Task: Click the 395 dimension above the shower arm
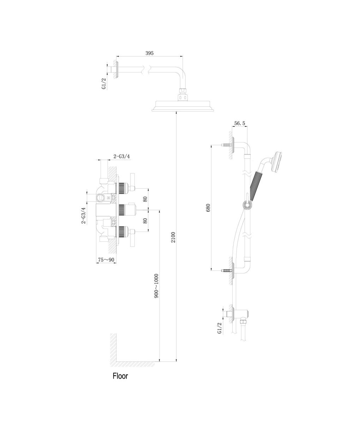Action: tap(149, 53)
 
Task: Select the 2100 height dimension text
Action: tap(173, 237)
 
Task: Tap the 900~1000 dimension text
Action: tap(156, 286)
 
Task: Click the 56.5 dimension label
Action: tap(240, 123)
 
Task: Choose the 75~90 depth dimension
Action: tap(106, 260)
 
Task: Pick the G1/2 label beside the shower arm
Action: tap(104, 84)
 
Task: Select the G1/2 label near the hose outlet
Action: tap(219, 328)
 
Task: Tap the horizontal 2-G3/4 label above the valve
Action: tap(122, 157)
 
